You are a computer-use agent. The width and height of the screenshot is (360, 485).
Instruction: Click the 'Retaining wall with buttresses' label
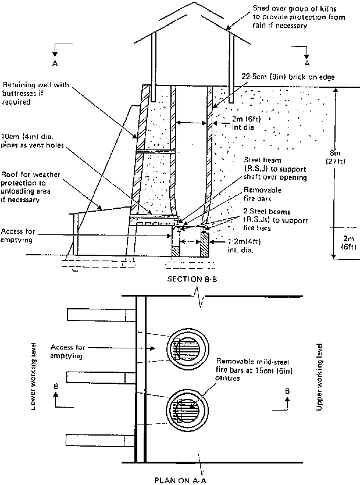[36, 92]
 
